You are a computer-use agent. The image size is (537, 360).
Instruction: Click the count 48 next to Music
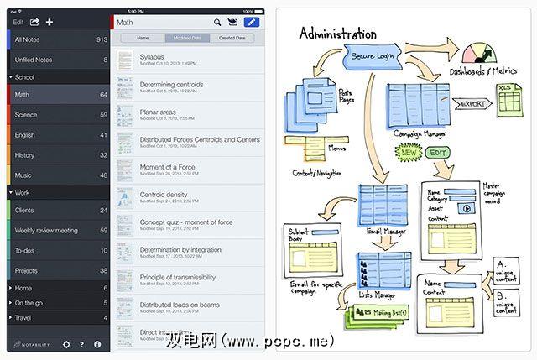tap(103, 175)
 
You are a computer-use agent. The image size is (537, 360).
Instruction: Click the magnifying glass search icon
tap(217, 23)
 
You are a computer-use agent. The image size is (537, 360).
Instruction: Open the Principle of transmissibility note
tap(177, 277)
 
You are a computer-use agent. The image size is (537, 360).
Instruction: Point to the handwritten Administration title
tap(338, 34)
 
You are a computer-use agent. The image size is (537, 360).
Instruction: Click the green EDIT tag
tap(436, 154)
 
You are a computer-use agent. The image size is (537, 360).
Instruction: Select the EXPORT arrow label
tap(473, 104)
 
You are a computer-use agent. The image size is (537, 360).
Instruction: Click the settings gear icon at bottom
tap(66, 344)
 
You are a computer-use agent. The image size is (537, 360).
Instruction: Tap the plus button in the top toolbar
tap(50, 22)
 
